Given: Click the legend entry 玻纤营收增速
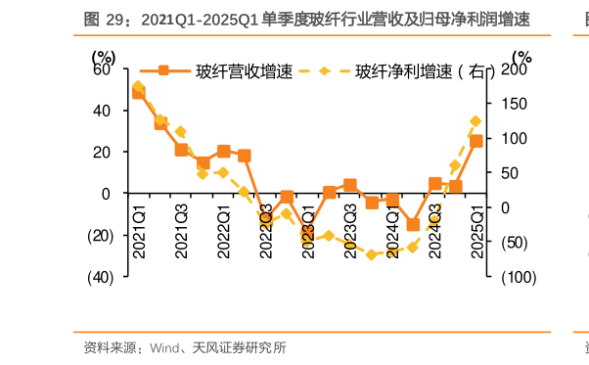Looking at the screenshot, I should pos(231,70).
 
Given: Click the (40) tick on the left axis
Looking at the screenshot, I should pos(100,277).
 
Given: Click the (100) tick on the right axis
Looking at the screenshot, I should pos(518,278).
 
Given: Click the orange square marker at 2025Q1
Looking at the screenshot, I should pos(476,141).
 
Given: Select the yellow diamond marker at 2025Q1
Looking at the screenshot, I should pos(476,121).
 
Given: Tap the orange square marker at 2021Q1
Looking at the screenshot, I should pos(139,93).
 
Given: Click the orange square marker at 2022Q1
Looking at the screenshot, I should pos(223,152).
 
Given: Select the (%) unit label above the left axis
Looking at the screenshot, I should pos(109,55).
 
